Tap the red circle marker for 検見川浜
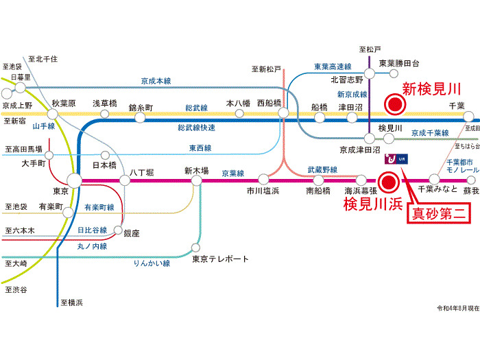388,182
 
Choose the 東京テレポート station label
220,259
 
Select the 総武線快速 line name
196,128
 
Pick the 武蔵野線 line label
322,169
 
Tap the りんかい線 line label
152,263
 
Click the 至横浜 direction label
71,302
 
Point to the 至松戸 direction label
370,49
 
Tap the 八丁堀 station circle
125,181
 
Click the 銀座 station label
132,233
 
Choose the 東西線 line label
200,147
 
